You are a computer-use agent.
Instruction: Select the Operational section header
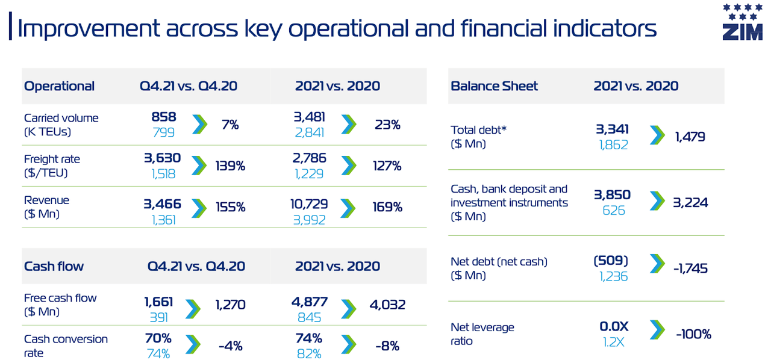59,86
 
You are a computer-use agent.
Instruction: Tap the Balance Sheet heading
494,86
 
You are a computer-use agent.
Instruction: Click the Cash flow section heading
54,266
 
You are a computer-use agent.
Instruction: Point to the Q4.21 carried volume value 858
164,117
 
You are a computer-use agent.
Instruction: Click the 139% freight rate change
230,166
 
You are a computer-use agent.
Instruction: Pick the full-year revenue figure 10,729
311,205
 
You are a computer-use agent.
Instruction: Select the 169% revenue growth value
387,207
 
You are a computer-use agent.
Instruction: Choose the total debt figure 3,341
612,129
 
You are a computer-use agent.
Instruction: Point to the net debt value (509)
611,261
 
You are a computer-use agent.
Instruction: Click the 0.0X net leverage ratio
614,326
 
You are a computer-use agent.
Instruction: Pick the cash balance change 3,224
690,202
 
